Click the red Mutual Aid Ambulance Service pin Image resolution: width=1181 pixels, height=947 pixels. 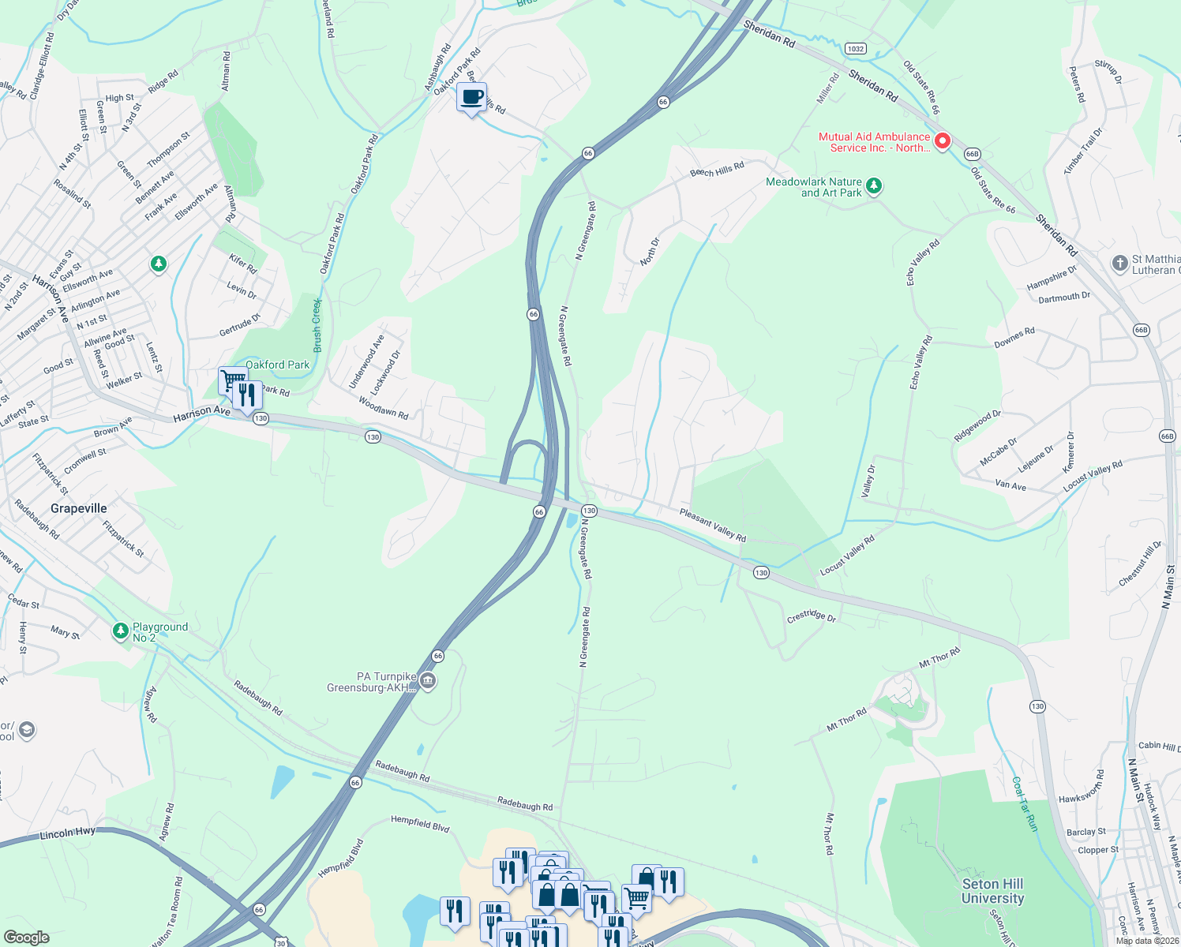coord(942,142)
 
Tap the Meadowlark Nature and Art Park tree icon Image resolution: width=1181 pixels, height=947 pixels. coord(873,186)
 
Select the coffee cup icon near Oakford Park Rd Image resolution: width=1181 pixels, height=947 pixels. coord(471,98)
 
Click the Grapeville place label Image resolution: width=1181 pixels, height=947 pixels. coord(78,508)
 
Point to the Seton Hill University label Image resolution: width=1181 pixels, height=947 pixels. coord(992,891)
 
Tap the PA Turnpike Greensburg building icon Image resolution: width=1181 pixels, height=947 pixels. coord(428,680)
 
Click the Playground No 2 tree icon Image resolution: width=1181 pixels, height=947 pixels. coord(120,631)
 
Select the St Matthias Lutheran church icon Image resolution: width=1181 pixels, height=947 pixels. coord(1119,264)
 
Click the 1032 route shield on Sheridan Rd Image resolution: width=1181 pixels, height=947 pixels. coord(855,48)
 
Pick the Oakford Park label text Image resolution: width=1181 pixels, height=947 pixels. coord(277,365)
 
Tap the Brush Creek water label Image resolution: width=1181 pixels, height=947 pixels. coord(317,325)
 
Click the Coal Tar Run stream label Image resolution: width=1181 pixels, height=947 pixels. coord(1025,803)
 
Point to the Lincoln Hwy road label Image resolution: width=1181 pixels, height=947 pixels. coord(67,833)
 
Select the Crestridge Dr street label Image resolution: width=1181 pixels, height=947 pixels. coord(811,616)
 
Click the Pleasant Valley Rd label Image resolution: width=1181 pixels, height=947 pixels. coord(713,525)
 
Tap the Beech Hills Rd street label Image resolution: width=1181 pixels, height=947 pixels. coord(717,170)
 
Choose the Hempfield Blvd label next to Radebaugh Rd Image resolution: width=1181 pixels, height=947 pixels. coord(420,824)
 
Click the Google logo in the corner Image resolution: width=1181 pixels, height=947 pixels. coord(27,937)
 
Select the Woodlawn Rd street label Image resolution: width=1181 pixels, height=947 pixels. coord(384,408)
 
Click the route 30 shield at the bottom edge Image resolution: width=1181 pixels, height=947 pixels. coord(280,942)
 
